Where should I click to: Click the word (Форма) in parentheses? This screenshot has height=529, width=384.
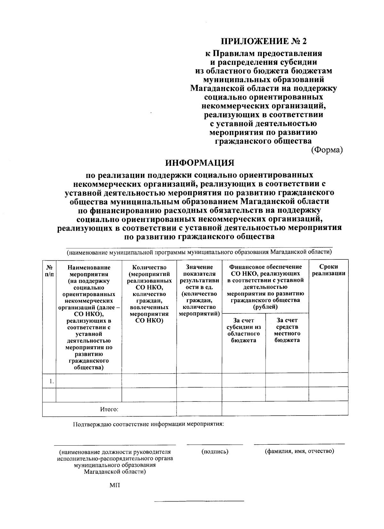coord(327,150)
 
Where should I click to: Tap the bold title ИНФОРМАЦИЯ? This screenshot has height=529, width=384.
coord(199,163)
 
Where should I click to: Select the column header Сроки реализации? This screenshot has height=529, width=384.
coord(328,270)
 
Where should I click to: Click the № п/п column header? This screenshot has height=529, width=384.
coord(49,270)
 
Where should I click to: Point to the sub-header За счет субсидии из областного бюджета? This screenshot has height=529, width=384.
coord(244,330)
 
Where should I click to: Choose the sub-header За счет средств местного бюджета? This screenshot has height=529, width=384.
coord(287,330)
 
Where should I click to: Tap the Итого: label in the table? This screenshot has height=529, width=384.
coord(109,409)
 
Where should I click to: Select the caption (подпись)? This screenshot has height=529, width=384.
coord(215,451)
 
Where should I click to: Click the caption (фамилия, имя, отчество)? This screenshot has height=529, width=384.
coord(299,451)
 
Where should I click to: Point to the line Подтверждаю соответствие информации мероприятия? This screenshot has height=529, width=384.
coord(148,425)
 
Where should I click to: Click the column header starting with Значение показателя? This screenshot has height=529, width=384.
coord(199,290)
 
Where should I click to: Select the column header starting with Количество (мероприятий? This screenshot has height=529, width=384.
coord(149,293)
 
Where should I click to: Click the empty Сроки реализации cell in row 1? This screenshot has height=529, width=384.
coord(328,380)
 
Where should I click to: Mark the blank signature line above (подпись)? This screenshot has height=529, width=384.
coord(215,444)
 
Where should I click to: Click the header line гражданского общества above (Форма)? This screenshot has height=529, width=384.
coord(263,141)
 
